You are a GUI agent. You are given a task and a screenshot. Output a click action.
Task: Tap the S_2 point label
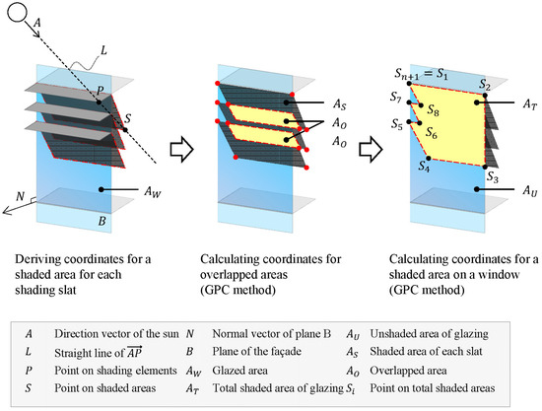(x=485, y=85)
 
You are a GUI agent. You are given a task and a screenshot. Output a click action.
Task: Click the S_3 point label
(x=496, y=177)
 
